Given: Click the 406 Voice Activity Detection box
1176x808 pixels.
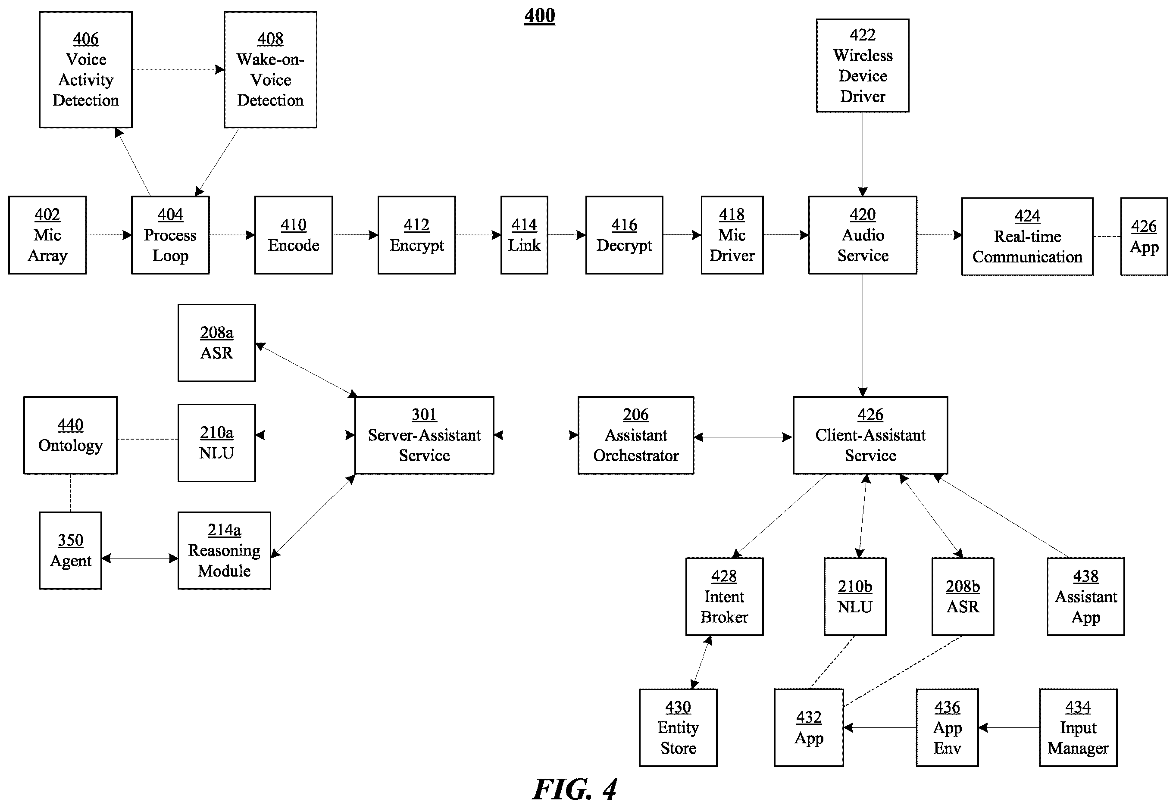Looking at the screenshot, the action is point(86,70).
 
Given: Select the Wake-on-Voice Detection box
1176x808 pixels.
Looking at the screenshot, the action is point(270,70).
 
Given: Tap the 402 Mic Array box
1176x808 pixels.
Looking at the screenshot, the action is point(47,235).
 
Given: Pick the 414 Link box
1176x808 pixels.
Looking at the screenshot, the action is point(524,235).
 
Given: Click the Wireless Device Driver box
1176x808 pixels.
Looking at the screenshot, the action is point(863,66).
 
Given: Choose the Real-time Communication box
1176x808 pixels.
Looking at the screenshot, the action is point(1027,237).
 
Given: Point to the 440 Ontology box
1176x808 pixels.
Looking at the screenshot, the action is point(70,435).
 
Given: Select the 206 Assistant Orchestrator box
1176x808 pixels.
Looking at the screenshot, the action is point(635,435).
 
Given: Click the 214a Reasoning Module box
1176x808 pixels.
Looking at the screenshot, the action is point(224,550).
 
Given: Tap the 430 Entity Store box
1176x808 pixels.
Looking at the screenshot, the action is point(678,727).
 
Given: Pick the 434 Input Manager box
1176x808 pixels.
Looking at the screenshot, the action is point(1078,727).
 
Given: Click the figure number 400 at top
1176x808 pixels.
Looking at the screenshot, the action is point(540,16).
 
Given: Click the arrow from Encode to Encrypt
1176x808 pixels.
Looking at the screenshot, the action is point(355,235).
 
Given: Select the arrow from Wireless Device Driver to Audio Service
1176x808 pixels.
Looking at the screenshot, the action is point(863,154).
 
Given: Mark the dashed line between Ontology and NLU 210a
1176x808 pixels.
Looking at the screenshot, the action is point(147,439).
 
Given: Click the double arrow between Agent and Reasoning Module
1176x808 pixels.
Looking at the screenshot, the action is point(140,558).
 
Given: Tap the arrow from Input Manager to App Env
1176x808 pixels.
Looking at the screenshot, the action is point(1009,727).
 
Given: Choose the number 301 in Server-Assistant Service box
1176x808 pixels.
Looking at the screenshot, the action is point(425,415).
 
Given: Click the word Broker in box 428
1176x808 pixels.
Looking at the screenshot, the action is point(724,617).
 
